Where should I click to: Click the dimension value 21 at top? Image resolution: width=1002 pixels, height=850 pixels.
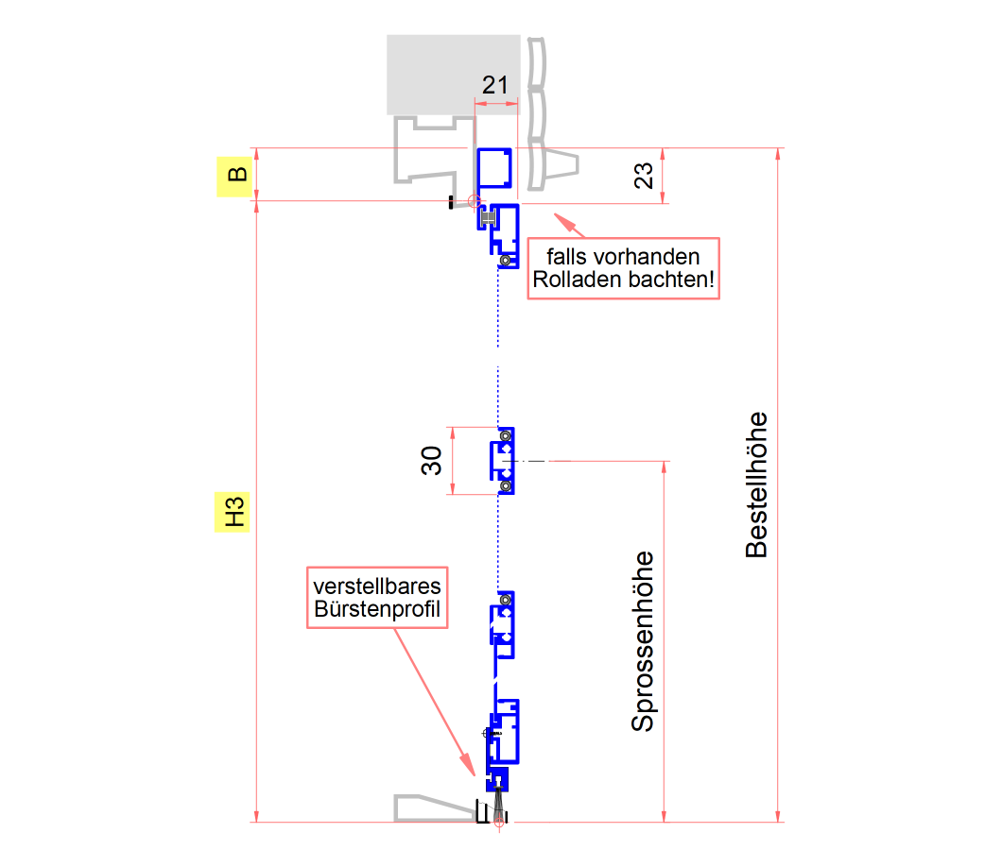(495, 85)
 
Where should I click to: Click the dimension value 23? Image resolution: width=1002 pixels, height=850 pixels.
(644, 176)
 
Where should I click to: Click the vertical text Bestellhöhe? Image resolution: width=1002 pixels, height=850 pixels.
(756, 484)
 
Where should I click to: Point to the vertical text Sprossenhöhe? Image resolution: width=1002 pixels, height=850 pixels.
(643, 641)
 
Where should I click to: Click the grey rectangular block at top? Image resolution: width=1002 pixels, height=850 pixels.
(453, 75)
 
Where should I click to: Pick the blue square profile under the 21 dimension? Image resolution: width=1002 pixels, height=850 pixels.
(494, 169)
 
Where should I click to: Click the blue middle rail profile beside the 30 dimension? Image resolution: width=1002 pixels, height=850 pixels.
(502, 461)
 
